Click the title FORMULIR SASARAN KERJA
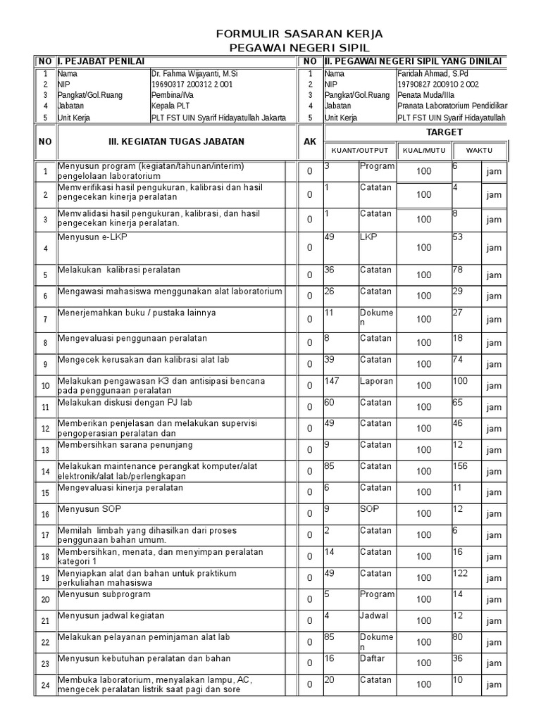tap(290, 34)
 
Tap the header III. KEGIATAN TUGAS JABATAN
tap(176, 142)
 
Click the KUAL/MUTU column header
tap(423, 151)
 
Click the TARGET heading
tap(444, 132)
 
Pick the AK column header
tap(309, 142)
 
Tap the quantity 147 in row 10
tap(332, 381)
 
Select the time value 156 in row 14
tap(461, 465)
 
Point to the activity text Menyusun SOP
tap(85, 508)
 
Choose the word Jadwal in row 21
tap(374, 615)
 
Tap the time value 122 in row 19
tap(460, 573)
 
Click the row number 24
tap(45, 685)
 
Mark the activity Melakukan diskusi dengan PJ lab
tap(125, 403)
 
